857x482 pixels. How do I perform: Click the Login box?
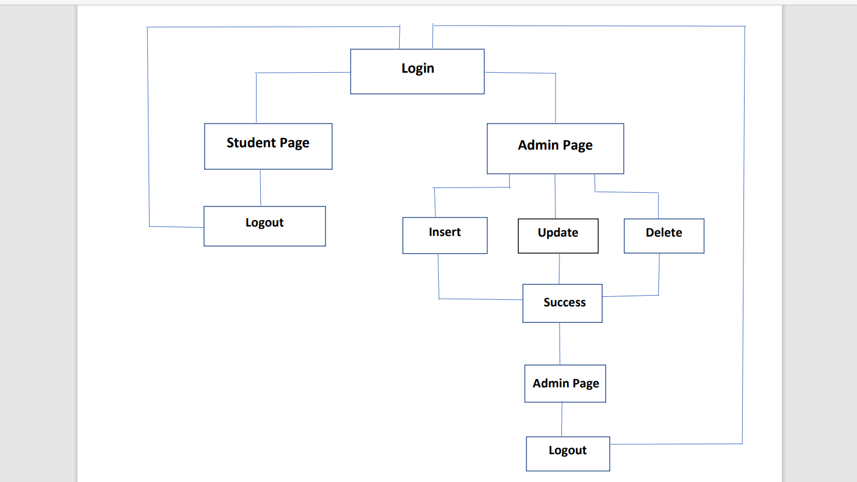417,72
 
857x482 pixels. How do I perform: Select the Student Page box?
268,146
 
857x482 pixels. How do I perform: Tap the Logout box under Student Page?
264,226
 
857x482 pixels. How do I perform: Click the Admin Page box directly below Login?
555,148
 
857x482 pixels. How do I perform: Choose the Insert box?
445,235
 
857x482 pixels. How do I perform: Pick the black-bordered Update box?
558,236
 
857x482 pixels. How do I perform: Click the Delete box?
664,236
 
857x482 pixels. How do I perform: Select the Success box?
562,303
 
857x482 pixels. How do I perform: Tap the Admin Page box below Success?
565,384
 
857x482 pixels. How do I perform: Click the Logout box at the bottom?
568,454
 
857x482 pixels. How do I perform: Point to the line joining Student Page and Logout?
260,188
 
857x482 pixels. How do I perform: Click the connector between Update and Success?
560,269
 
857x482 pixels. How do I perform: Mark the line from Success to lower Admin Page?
560,344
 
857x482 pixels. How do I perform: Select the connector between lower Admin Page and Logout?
562,419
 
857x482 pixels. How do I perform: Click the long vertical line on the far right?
743,237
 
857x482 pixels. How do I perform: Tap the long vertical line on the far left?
148,127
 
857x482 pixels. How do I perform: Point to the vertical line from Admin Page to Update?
555,196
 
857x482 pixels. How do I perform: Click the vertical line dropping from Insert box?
438,276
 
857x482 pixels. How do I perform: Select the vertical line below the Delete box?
659,274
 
